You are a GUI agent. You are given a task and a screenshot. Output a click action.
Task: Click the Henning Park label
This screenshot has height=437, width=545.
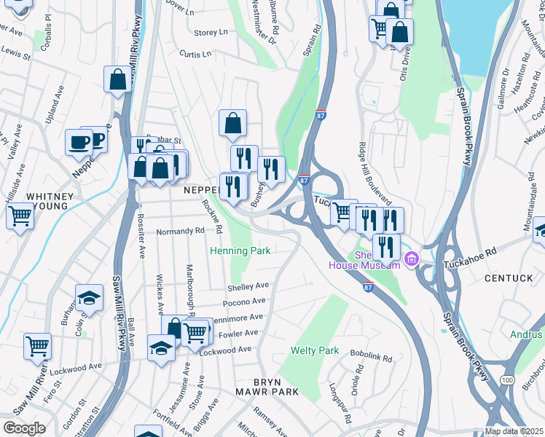240,251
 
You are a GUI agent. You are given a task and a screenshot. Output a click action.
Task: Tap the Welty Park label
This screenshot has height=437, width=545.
315,350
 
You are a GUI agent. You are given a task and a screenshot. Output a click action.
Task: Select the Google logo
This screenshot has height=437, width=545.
24,428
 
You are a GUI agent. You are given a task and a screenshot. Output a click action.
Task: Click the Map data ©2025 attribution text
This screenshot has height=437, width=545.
514,431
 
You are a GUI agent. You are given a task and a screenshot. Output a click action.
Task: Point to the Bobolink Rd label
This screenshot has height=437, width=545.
371,358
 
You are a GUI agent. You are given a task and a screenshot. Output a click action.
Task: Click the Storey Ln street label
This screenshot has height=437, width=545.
211,33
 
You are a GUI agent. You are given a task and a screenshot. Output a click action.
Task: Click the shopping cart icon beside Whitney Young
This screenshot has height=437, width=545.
20,215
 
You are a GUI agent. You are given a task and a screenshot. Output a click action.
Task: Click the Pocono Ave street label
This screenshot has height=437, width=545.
245,302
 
